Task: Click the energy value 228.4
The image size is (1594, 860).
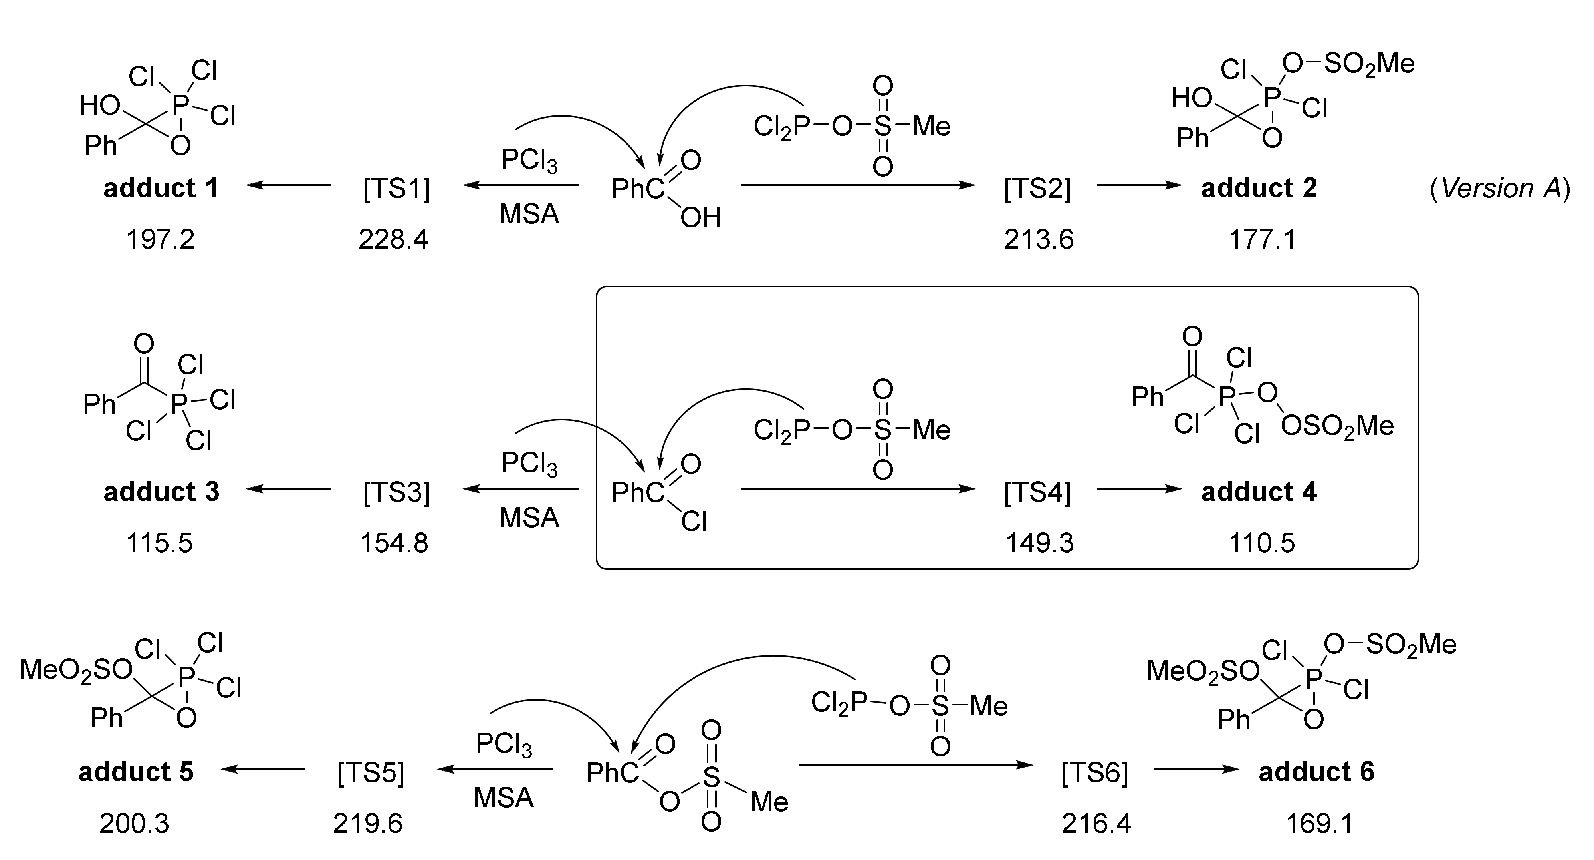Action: click(394, 239)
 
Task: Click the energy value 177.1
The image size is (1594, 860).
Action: click(1262, 239)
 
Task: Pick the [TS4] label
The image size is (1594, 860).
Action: click(1037, 492)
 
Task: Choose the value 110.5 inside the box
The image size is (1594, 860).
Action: click(1262, 543)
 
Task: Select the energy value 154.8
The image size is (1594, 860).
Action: click(394, 543)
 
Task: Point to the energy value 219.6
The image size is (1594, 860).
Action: click(368, 824)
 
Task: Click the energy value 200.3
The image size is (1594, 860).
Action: click(134, 824)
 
